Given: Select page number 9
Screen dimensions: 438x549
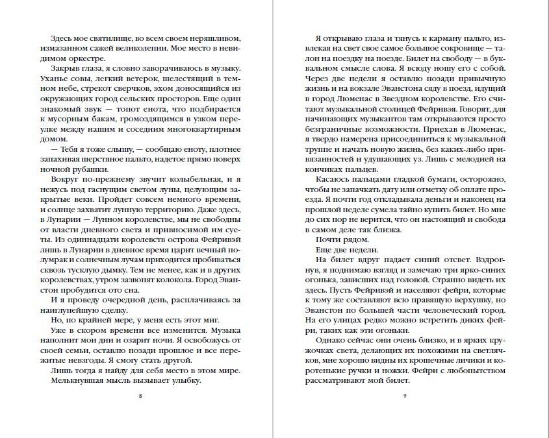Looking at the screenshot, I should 404,396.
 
